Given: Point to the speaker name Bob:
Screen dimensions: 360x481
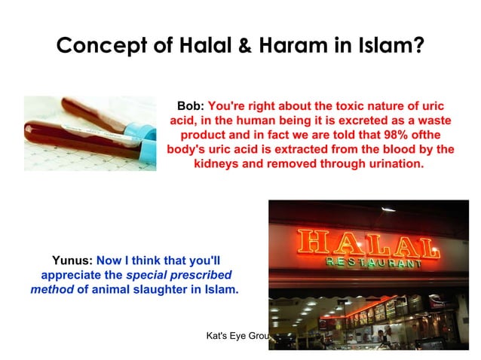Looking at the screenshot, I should click(190, 106).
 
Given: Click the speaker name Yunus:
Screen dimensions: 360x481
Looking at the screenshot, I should click(73, 261).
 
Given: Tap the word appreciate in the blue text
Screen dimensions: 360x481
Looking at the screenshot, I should click(81, 275).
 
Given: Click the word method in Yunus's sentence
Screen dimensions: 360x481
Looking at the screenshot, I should click(52, 289).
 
